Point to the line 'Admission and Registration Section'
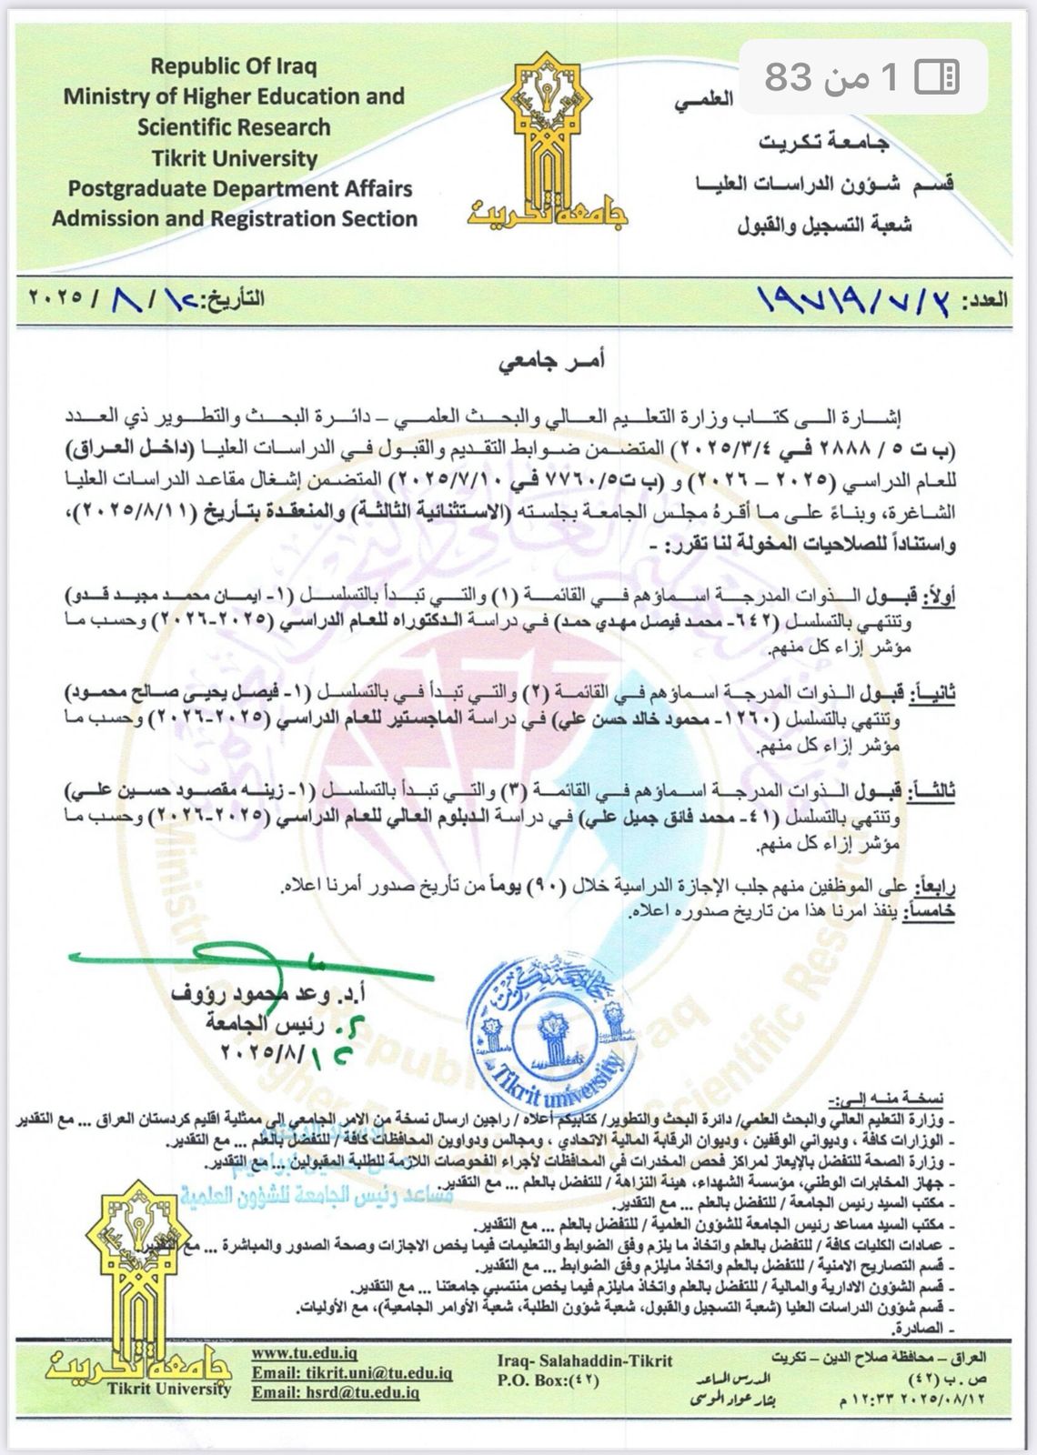tap(235, 219)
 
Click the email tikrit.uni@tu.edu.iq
tap(352, 1373)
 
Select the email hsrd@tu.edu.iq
tap(336, 1391)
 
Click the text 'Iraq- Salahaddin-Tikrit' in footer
tap(586, 1360)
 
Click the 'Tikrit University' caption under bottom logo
tap(169, 1389)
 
